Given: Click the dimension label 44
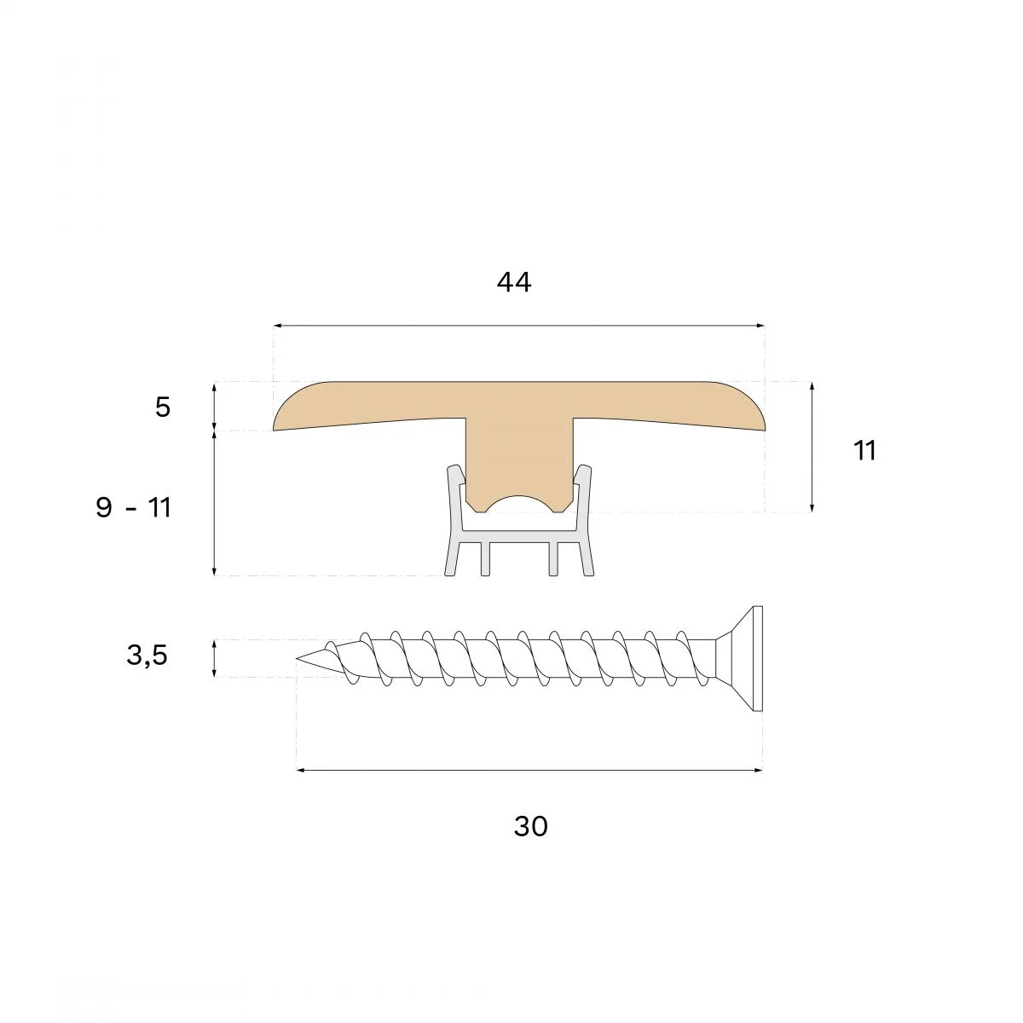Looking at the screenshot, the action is [514, 282].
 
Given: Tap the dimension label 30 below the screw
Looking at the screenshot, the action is [530, 827].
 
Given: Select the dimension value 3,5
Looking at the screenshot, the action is [147, 655].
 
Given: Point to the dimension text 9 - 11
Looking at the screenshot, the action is [133, 507].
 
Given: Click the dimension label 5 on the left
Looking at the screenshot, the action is [163, 407].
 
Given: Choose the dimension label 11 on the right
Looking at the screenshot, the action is [864, 450].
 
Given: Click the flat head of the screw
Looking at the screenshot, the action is [758, 659].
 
